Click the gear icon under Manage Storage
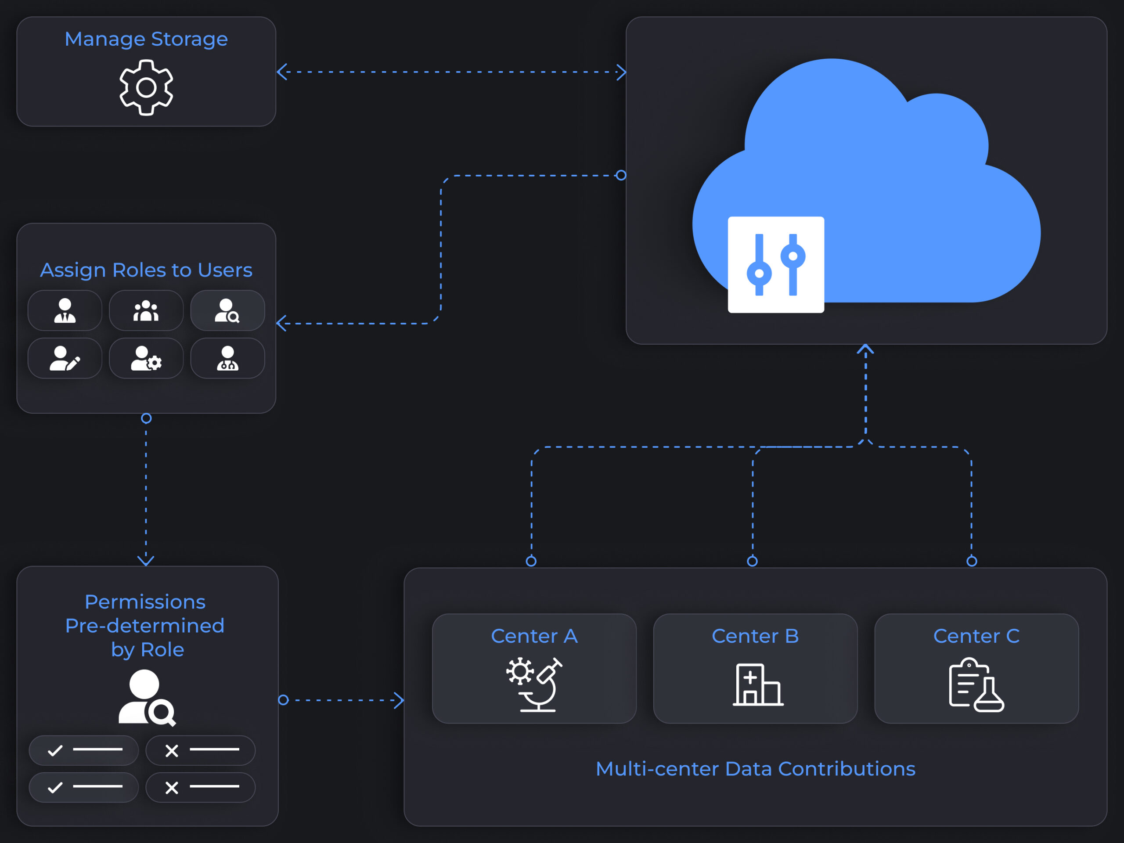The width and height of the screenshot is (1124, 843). coord(146,87)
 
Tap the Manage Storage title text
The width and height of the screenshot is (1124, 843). coord(146,39)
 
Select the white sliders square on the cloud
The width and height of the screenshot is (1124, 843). coord(775,264)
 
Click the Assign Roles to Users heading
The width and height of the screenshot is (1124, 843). coord(146,270)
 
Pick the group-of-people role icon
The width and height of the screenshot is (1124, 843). coord(146,310)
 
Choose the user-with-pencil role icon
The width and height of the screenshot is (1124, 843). coord(65,358)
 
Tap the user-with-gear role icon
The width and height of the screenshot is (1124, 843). coord(146,358)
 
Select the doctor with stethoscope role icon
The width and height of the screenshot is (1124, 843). coord(227,358)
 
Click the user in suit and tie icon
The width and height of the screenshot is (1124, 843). coord(65,310)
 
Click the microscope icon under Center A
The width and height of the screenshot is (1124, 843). coord(535,684)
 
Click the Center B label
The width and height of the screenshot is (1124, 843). coord(755,636)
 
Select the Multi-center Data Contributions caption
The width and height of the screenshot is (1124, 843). coord(755,769)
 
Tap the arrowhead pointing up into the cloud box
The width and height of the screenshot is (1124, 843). coord(865,349)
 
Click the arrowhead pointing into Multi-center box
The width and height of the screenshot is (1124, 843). coord(400,700)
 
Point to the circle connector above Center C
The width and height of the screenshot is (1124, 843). coord(972,561)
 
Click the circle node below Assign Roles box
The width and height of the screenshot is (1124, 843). coord(146,418)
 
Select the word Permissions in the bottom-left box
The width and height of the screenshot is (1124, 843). coord(145,602)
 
